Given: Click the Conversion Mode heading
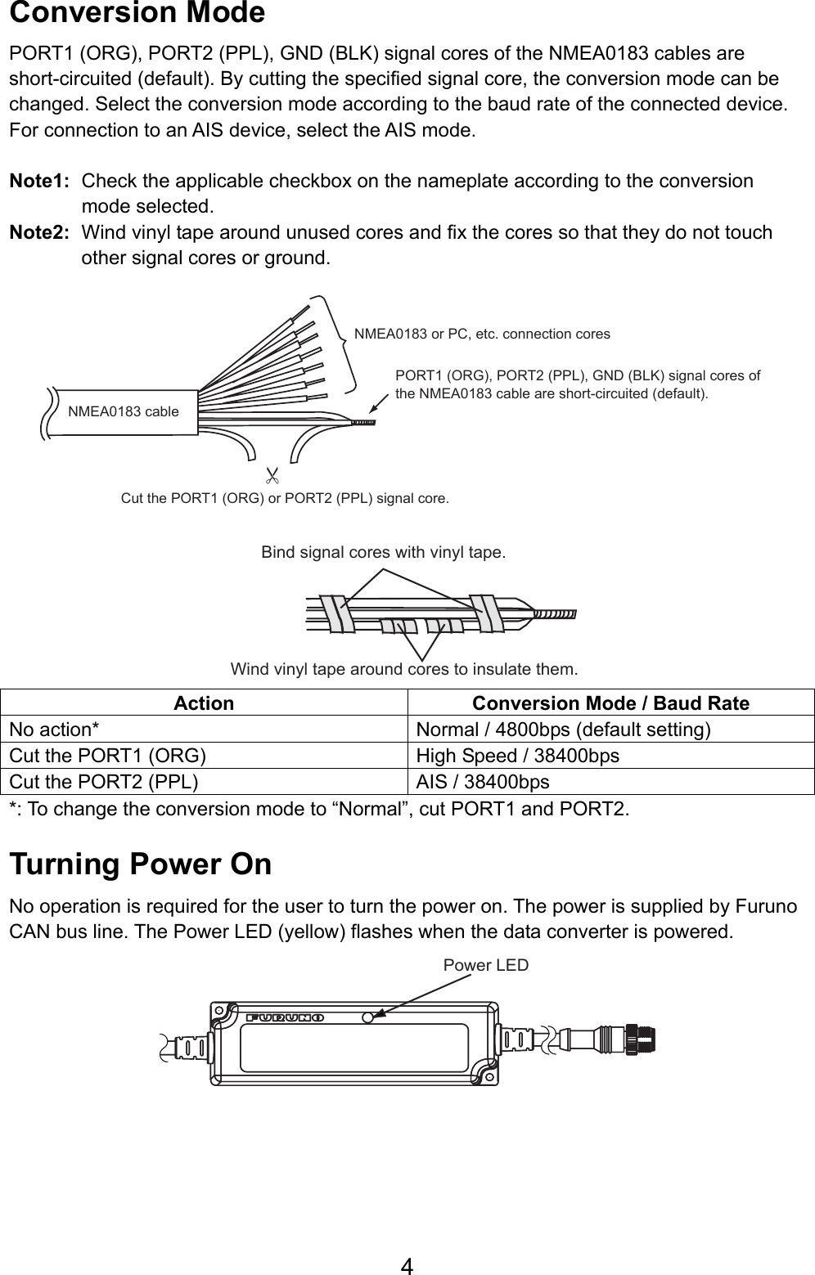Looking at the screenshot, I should pyautogui.click(x=137, y=14).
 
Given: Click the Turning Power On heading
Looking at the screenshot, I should pyautogui.click(x=140, y=864).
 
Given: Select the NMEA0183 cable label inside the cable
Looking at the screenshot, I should pyautogui.click(x=124, y=411).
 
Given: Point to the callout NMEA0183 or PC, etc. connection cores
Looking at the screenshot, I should pyautogui.click(x=482, y=334).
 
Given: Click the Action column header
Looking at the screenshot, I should pyautogui.click(x=204, y=703).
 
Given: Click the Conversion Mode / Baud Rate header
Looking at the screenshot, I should pyautogui.click(x=610, y=703).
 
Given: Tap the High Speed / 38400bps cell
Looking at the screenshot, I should pyautogui.click(x=517, y=756).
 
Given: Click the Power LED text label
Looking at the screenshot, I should pyautogui.click(x=485, y=965).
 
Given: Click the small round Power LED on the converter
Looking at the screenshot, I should pyautogui.click(x=368, y=1018).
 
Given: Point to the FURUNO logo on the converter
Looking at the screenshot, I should pyautogui.click(x=285, y=1018).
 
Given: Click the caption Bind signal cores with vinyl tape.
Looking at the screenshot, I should pyautogui.click(x=383, y=552).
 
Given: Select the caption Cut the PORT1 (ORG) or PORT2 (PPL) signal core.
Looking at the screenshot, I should pyautogui.click(x=284, y=498).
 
